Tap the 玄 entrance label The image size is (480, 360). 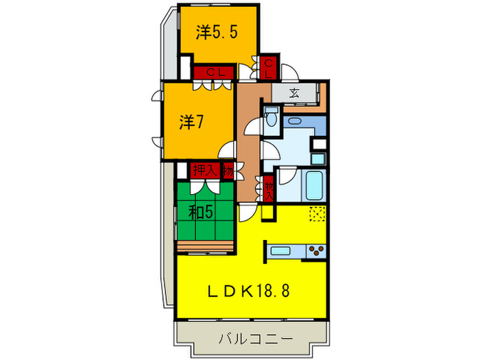[293, 93]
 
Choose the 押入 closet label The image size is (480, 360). [204, 169]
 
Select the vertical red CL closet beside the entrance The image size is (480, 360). [269, 67]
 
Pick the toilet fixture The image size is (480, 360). [270, 117]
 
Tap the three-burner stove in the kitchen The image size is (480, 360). [315, 250]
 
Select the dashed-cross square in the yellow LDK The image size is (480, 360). [317, 214]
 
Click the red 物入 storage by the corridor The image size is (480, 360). [269, 188]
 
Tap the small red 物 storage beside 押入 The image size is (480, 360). [227, 169]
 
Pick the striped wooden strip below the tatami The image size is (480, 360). [205, 246]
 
